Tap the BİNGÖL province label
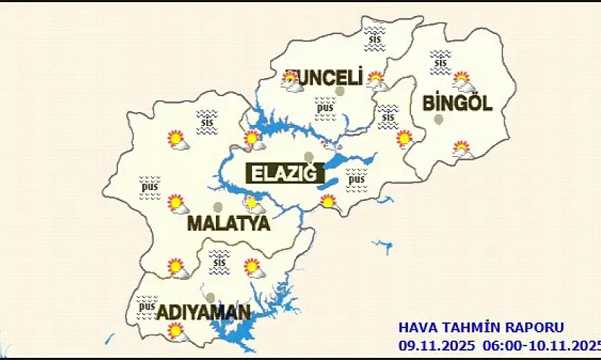[x=457, y=103]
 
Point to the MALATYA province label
[x=228, y=223]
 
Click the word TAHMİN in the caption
[x=462, y=327]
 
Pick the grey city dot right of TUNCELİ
[x=340, y=91]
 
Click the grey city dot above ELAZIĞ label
[x=309, y=156]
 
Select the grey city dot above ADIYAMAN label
[x=209, y=297]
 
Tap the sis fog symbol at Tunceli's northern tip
[x=373, y=38]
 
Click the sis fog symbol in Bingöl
[x=440, y=61]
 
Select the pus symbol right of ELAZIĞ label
[x=356, y=180]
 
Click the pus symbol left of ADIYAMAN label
[x=147, y=307]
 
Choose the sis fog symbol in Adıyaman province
[x=219, y=262]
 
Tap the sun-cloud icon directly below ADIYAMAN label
[x=176, y=332]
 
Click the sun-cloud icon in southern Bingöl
[x=462, y=150]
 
